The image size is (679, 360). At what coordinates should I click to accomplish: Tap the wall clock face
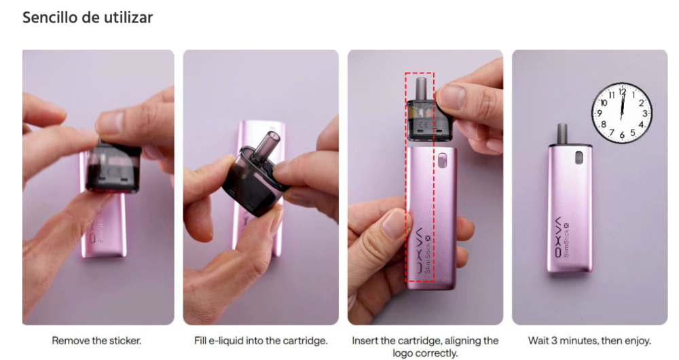[622, 113]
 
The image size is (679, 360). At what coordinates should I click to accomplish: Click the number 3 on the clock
[645, 113]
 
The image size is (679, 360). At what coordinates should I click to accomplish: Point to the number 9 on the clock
[600, 113]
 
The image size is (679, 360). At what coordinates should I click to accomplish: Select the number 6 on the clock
[622, 135]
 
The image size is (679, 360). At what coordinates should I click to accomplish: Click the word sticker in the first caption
[123, 340]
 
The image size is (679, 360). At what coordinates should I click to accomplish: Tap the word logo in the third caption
[402, 353]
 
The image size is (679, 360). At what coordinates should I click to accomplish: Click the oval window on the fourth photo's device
[579, 158]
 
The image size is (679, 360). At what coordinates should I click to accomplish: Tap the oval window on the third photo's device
[443, 160]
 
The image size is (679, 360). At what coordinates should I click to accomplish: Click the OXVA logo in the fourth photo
[559, 236]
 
